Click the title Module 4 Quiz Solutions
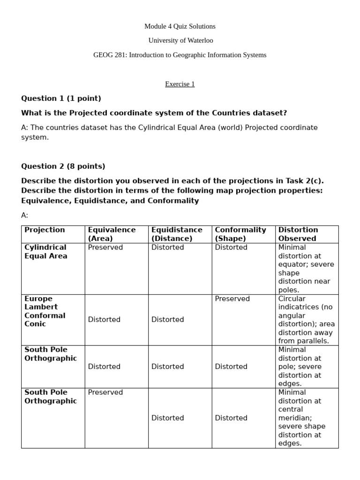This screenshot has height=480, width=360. pyautogui.click(x=180, y=26)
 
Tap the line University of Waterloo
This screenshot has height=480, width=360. pyautogui.click(x=180, y=41)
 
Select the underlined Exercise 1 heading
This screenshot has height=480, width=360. pyautogui.click(x=180, y=84)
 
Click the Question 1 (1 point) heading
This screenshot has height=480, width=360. pyautogui.click(x=61, y=98)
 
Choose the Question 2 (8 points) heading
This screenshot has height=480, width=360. pyautogui.click(x=63, y=166)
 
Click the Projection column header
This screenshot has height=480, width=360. pyautogui.click(x=45, y=230)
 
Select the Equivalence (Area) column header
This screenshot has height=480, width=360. pyautogui.click(x=112, y=234)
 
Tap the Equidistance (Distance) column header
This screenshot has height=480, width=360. pyautogui.click(x=177, y=234)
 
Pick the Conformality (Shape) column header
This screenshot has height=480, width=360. pyautogui.click(x=240, y=234)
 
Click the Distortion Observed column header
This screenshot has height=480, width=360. pyautogui.click(x=298, y=234)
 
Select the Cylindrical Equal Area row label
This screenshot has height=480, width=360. pyautogui.click(x=45, y=252)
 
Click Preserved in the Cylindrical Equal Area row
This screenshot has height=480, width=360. pyautogui.click(x=105, y=247)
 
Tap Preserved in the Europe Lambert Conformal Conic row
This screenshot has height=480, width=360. pyautogui.click(x=232, y=299)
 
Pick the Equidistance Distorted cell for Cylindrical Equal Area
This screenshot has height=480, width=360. pyautogui.click(x=167, y=247)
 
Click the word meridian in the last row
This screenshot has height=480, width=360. pyautogui.click(x=294, y=418)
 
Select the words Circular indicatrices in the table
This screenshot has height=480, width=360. pyautogui.click(x=300, y=303)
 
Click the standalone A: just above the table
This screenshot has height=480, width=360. pyautogui.click(x=25, y=215)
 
